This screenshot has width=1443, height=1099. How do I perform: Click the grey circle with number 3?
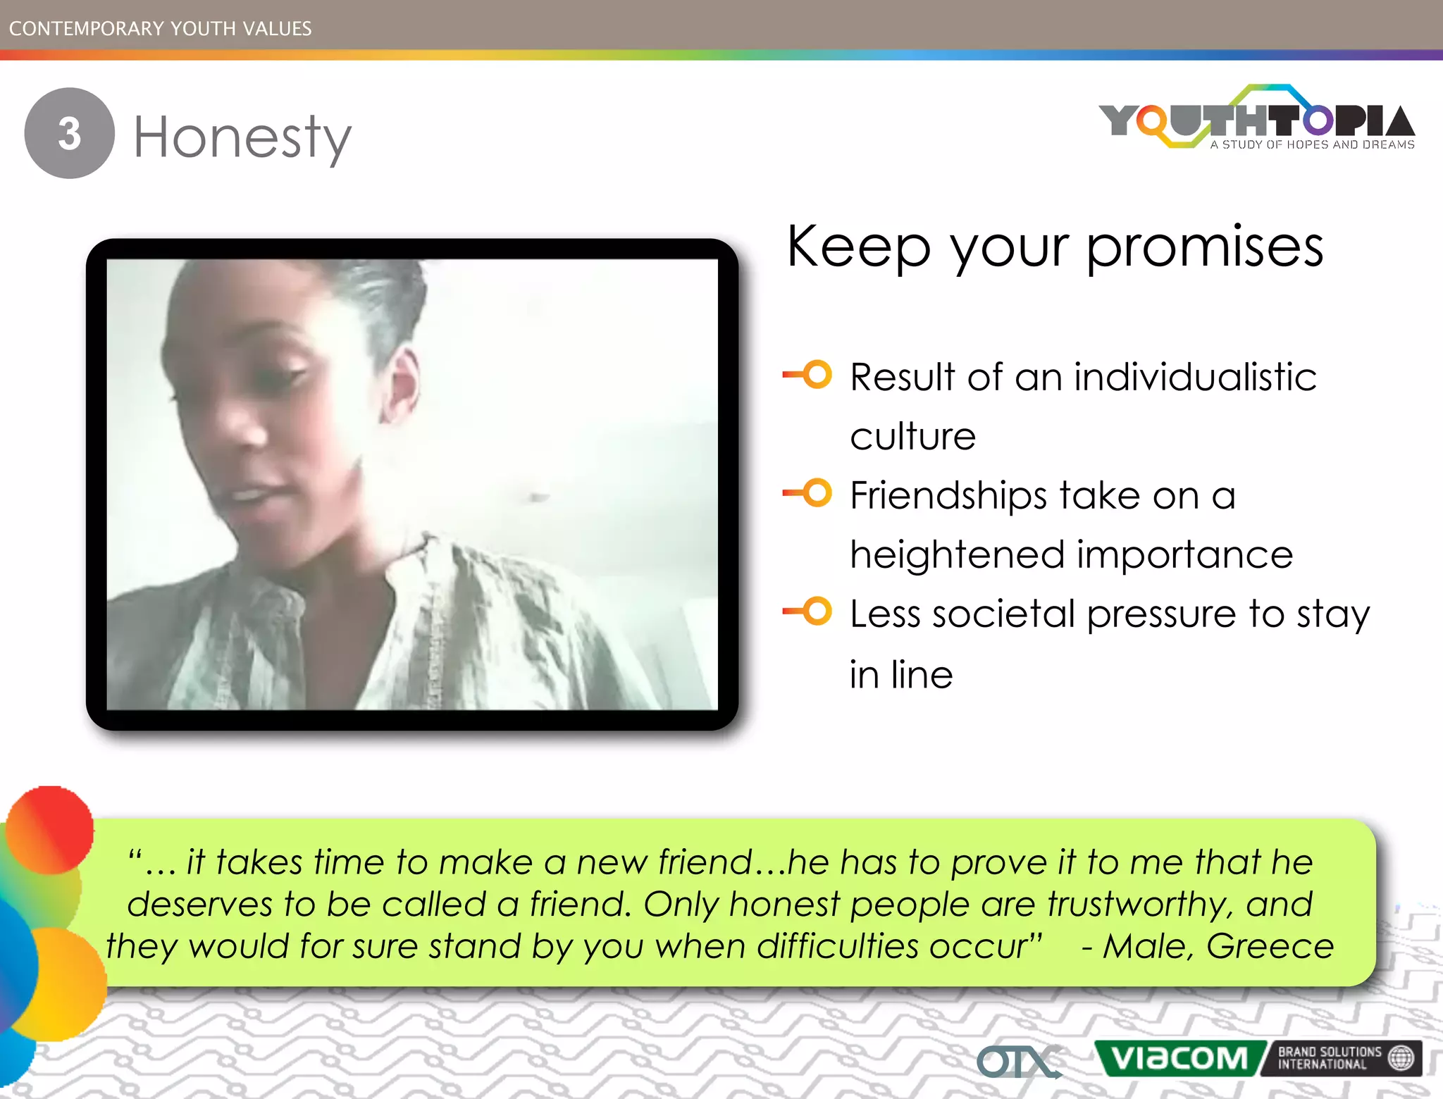click(69, 133)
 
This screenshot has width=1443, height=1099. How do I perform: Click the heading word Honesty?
click(242, 137)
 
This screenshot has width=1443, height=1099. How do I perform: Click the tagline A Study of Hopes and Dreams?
click(1312, 144)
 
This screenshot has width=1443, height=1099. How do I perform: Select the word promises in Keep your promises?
click(1205, 248)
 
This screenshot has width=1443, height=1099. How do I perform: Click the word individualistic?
click(1195, 377)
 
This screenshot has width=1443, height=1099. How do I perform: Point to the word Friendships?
click(948, 495)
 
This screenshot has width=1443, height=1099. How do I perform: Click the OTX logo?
click(1017, 1062)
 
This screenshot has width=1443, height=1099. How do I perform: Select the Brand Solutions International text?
click(1329, 1058)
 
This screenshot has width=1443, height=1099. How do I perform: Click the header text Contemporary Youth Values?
click(161, 28)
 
